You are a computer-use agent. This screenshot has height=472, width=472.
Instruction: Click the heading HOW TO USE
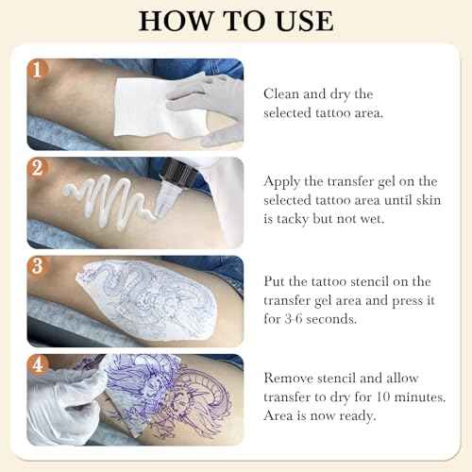[x=236, y=22]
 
